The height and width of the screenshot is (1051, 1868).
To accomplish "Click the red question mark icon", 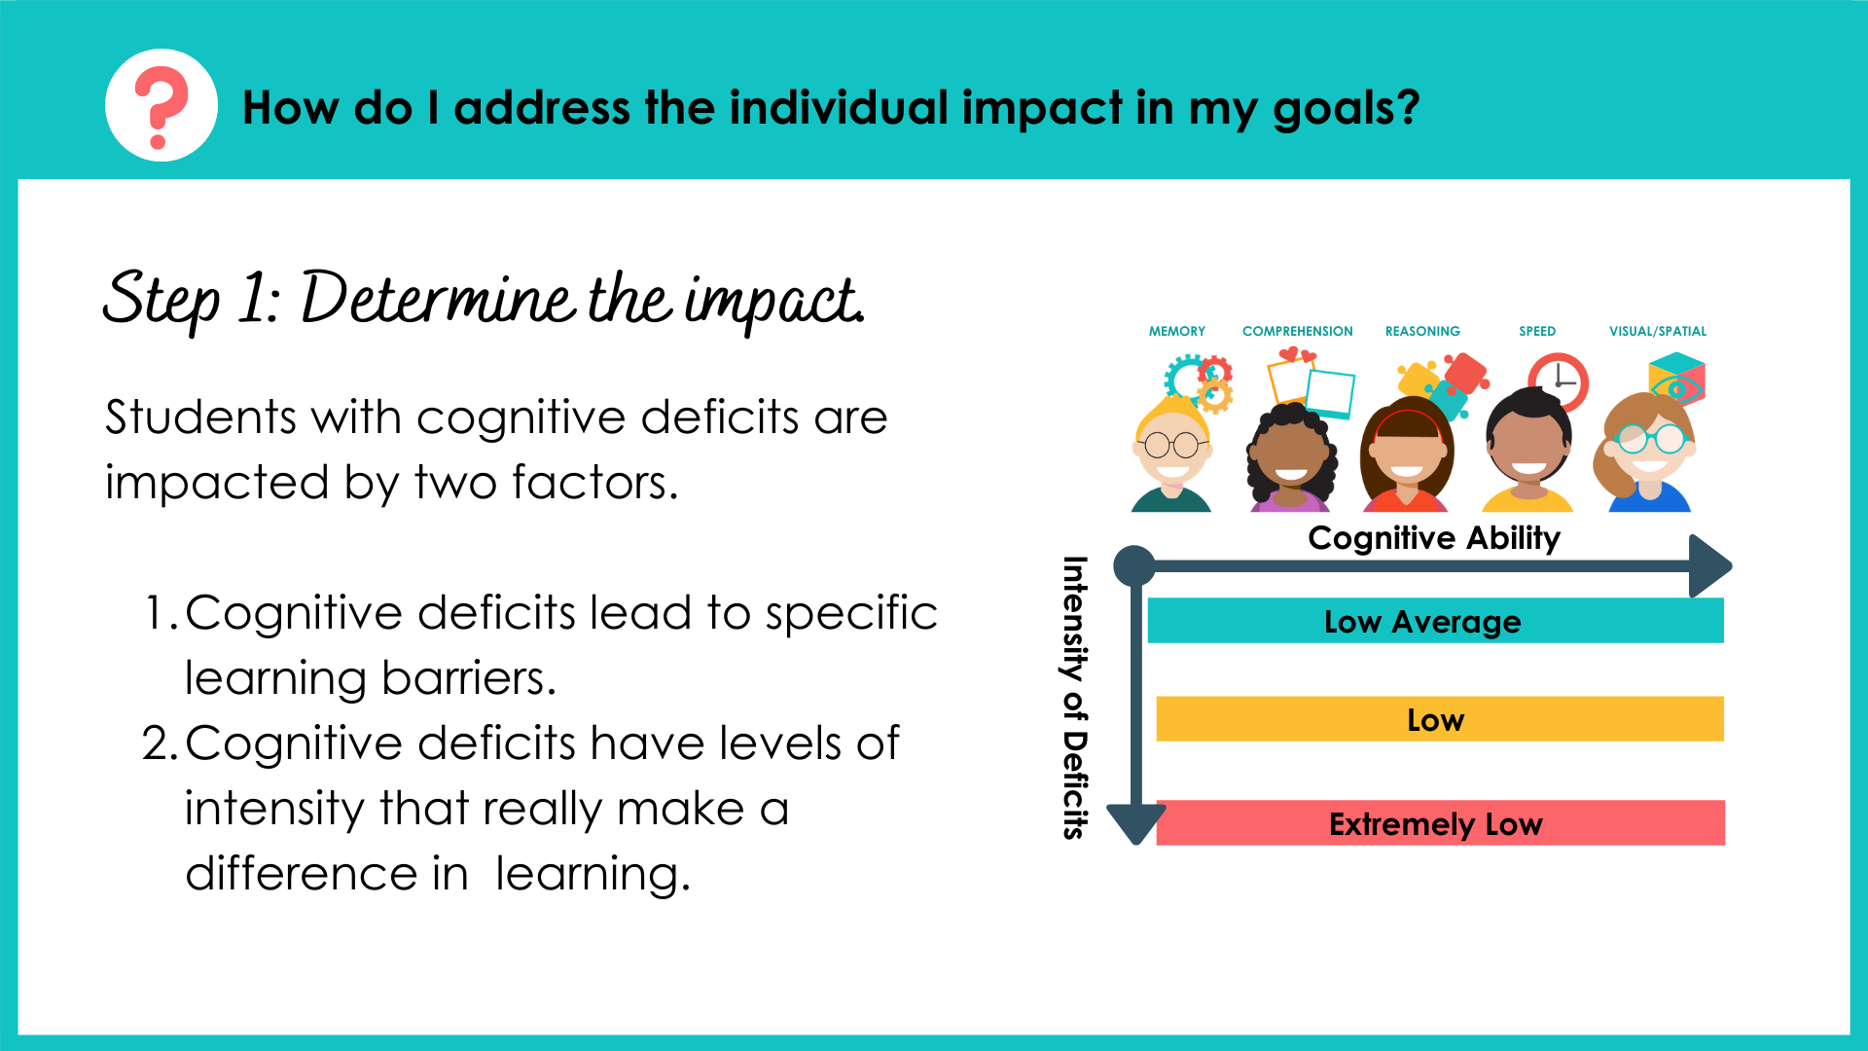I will coord(161,106).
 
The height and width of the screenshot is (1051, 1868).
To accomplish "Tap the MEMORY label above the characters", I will coord(1176,332).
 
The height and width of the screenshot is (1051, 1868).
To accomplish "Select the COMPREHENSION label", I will coord(1297,332).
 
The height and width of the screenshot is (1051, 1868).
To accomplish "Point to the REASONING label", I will coord(1422,332).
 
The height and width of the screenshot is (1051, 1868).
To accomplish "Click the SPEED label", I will coord(1537,332).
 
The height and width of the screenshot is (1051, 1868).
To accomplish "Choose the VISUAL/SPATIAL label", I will coord(1657,332).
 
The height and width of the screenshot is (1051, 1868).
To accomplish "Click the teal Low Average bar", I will coord(1435,621).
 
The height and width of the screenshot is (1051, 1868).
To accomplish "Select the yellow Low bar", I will coord(1439,719).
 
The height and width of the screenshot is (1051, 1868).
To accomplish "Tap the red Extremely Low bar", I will coord(1439,823).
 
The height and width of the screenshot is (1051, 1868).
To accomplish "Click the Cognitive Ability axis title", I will coord(1433,538).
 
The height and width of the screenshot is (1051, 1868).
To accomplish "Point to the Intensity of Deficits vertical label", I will coord(1074,697).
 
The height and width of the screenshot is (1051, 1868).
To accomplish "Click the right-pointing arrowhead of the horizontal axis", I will coord(1709,565).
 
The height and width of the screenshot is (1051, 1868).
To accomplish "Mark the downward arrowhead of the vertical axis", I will coord(1135,824).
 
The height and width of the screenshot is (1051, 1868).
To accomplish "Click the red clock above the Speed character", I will coord(1558,381).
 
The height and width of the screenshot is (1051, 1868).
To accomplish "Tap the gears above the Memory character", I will coord(1201,381).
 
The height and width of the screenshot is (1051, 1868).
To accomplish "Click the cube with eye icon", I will coord(1676,381).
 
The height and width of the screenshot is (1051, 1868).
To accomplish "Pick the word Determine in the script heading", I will coord(438,299).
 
